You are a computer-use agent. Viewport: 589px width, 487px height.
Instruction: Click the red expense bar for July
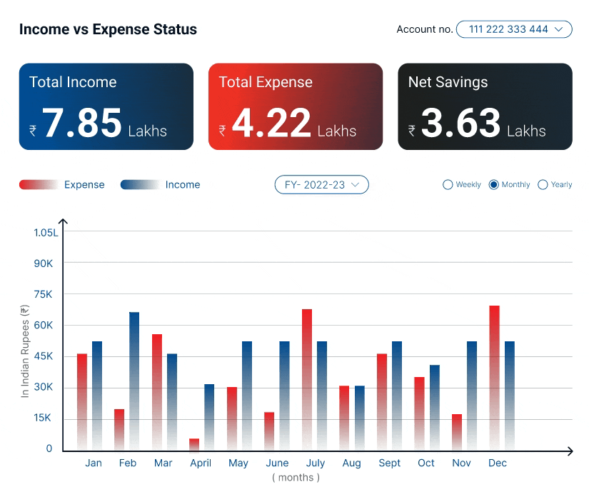click(x=307, y=378)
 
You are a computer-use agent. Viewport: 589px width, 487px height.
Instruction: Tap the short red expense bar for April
click(x=194, y=444)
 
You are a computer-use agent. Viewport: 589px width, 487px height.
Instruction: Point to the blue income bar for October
click(x=435, y=407)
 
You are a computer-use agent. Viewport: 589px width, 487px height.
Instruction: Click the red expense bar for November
click(x=457, y=431)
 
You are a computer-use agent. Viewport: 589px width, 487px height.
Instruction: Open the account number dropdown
click(x=514, y=29)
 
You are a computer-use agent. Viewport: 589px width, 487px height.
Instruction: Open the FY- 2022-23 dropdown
click(x=321, y=185)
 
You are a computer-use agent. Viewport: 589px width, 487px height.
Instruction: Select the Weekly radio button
click(x=448, y=185)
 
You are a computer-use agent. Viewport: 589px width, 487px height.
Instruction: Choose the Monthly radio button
click(x=493, y=185)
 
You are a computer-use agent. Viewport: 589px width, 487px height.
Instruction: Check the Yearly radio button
click(x=543, y=185)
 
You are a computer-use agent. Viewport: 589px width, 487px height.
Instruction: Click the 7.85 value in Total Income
click(x=82, y=123)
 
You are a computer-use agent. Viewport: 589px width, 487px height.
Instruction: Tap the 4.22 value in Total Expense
click(x=271, y=123)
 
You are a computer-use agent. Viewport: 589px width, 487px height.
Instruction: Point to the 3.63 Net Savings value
click(x=460, y=123)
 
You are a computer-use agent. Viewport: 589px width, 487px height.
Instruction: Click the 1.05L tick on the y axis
click(x=46, y=232)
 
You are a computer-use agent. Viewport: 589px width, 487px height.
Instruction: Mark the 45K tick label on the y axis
click(x=44, y=356)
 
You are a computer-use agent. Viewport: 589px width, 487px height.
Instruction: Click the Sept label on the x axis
click(x=390, y=463)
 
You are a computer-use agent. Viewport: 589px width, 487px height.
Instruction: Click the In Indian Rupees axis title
click(x=25, y=350)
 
